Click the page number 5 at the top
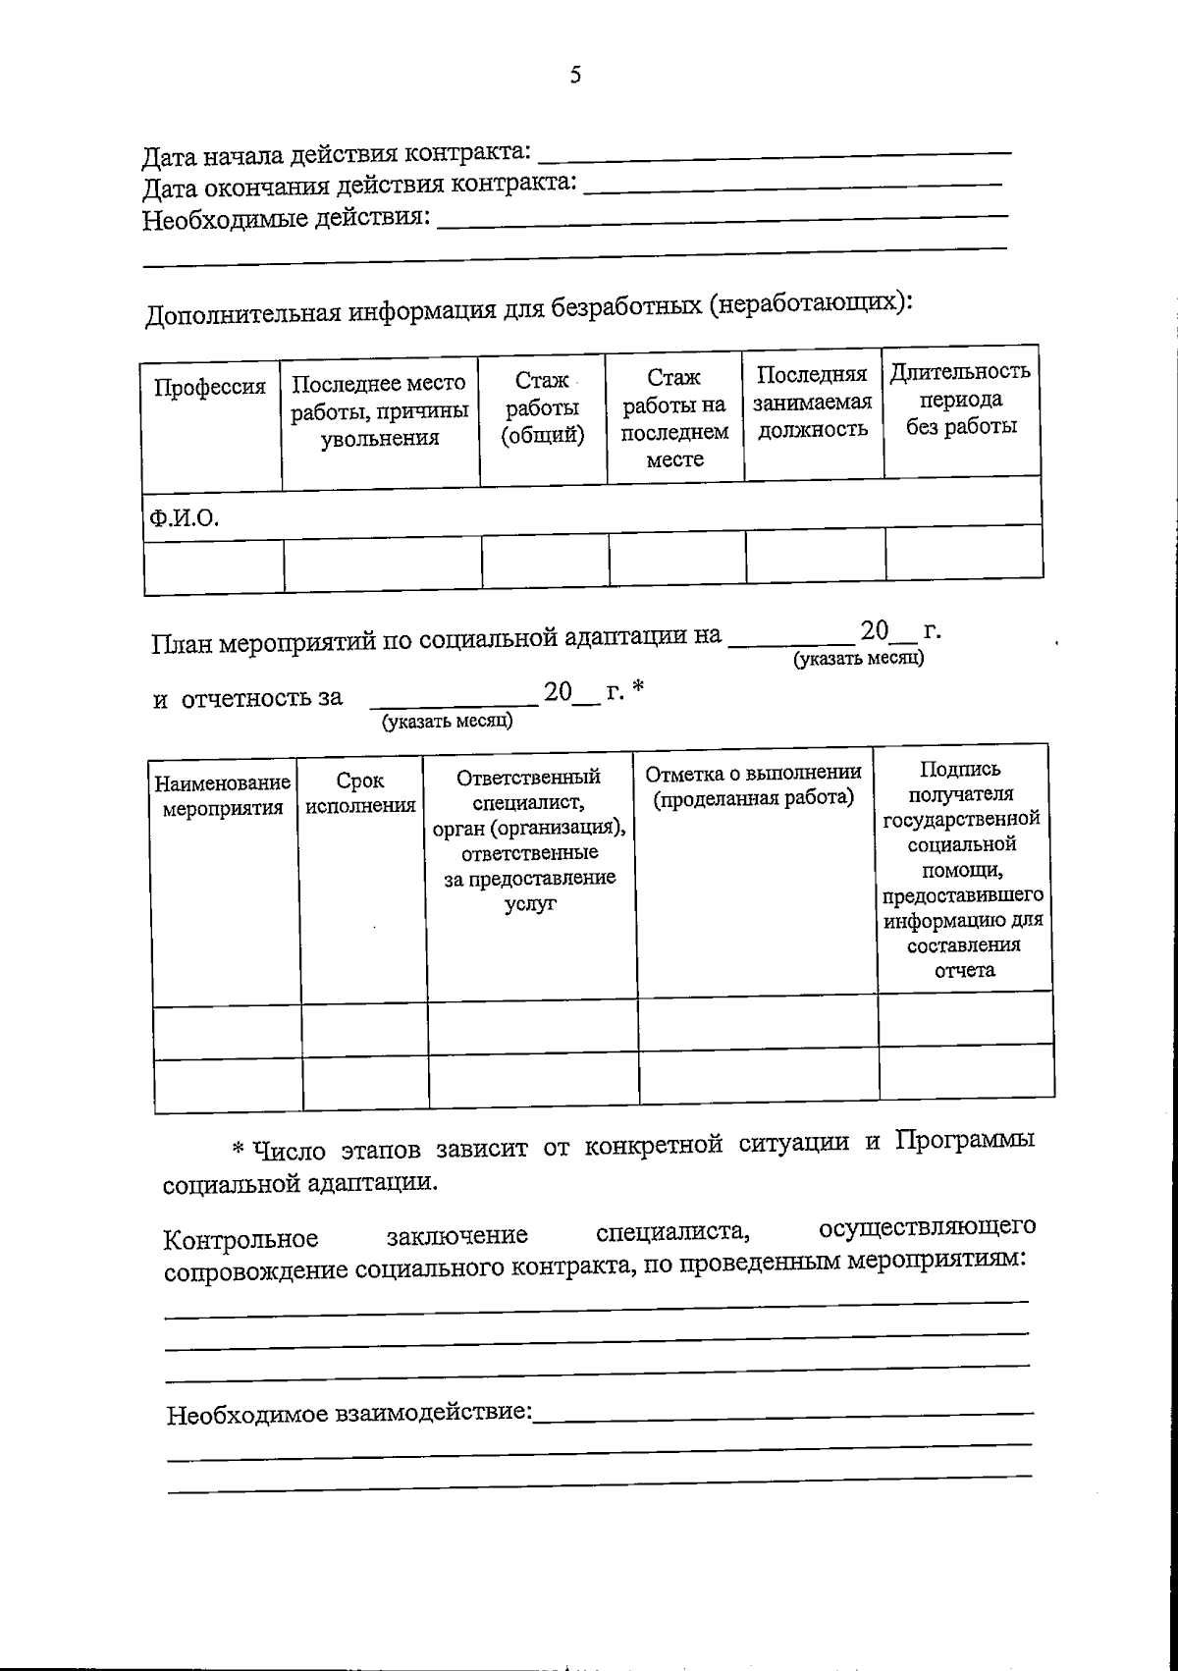pos(575,75)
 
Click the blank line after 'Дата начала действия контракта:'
pos(776,153)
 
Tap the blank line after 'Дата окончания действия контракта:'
pos(793,186)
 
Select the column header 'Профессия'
pos(210,387)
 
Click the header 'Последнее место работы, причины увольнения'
pos(379,410)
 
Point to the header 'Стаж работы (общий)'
pos(542,407)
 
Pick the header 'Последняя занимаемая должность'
pos(812,402)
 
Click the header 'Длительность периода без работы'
pos(960,399)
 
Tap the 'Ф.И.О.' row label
pos(184,516)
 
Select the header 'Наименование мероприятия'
pos(223,795)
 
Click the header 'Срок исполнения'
pos(360,793)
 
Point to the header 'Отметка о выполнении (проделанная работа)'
pos(754,784)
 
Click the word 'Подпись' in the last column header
pos(960,770)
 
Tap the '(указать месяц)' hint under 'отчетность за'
pos(448,722)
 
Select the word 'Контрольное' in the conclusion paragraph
pos(241,1240)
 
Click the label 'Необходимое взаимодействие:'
pos(349,1415)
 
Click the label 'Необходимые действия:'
pos(287,218)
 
